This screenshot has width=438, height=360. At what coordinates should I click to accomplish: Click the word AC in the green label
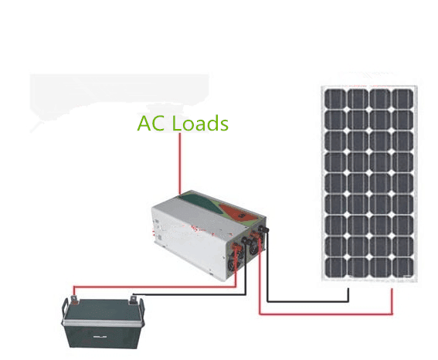click(x=151, y=123)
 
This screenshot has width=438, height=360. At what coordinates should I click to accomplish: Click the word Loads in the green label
click(x=200, y=123)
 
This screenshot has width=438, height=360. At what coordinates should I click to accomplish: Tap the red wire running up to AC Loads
click(x=180, y=163)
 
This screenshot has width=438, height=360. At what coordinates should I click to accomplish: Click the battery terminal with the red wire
click(x=74, y=300)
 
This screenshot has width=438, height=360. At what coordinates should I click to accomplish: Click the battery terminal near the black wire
click(x=133, y=301)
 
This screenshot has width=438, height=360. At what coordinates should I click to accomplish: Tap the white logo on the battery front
click(x=100, y=337)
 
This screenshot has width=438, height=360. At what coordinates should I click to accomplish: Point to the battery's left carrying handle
click(x=65, y=310)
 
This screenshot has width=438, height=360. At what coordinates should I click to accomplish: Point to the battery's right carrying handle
click(x=141, y=311)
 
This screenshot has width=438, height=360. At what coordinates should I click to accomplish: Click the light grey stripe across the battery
click(x=102, y=323)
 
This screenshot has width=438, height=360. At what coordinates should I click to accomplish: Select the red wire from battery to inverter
click(x=154, y=287)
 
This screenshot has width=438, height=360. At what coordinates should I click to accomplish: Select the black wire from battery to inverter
click(x=189, y=294)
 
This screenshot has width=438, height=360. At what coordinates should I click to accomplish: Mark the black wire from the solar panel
click(x=307, y=301)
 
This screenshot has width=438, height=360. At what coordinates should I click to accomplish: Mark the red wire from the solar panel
click(x=326, y=314)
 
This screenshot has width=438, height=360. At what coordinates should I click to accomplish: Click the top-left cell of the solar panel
click(x=335, y=99)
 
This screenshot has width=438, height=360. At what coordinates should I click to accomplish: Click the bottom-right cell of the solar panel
click(x=402, y=268)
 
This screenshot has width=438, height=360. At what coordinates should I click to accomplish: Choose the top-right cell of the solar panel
click(x=402, y=99)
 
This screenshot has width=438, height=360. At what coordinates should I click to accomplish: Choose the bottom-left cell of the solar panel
click(x=336, y=268)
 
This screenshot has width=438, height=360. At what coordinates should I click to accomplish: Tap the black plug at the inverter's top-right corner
click(x=263, y=229)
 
